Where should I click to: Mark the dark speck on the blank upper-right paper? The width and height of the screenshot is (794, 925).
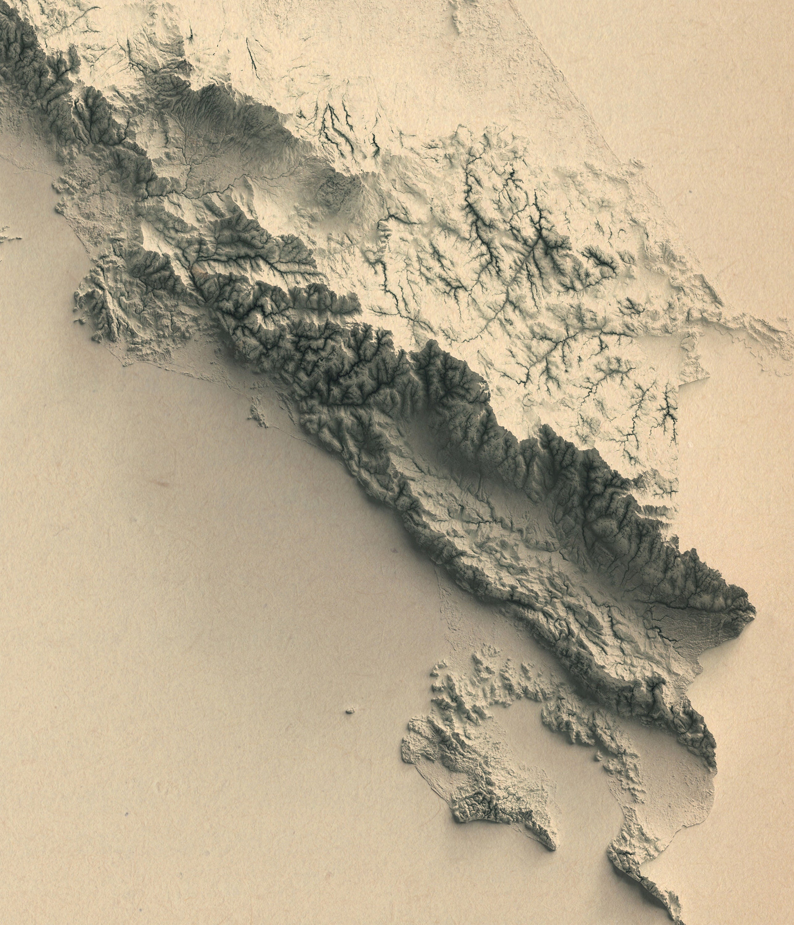click(x=690, y=192)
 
